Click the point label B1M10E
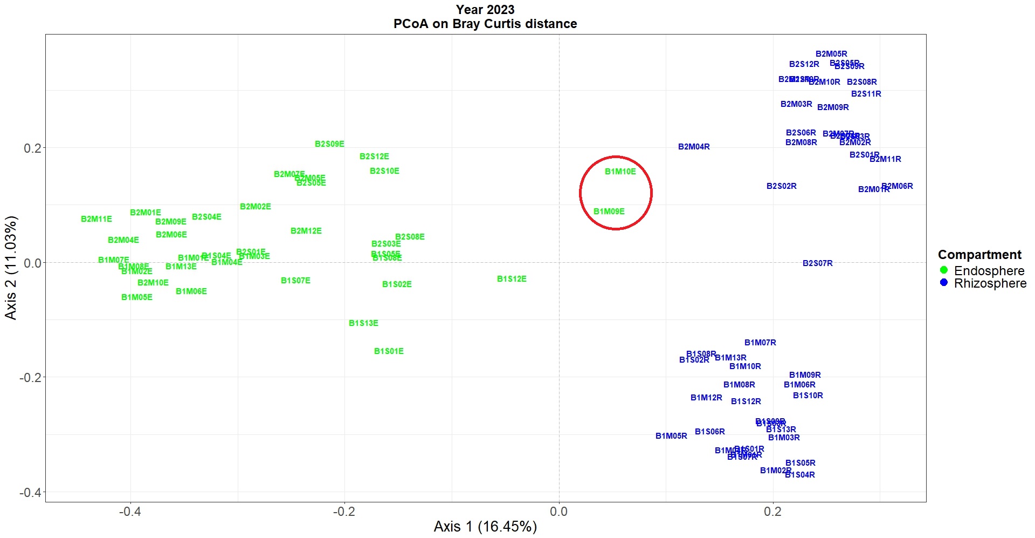[620, 172]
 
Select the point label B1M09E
[609, 212]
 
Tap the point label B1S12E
[512, 279]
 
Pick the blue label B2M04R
[694, 147]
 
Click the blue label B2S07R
[817, 263]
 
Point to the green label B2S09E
[329, 144]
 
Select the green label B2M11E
[96, 219]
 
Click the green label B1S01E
[389, 351]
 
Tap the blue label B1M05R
[671, 436]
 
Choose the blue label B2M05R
[831, 54]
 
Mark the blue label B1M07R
[760, 343]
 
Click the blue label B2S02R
[781, 186]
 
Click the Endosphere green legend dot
[943, 270]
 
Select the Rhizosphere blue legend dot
[943, 283]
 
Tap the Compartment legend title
[979, 255]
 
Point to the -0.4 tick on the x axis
[130, 512]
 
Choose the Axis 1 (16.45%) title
[485, 527]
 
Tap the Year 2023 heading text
[485, 10]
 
